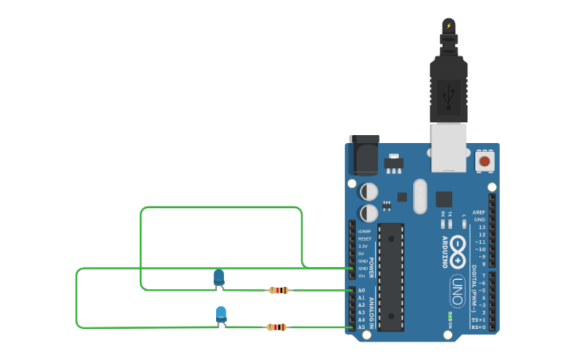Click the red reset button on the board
pyautogui.click(x=485, y=161)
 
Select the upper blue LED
pyautogui.click(x=218, y=277)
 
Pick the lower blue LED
pyautogui.click(x=221, y=314)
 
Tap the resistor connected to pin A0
pyautogui.click(x=279, y=290)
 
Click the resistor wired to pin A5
pyautogui.click(x=276, y=327)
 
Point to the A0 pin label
pyautogui.click(x=361, y=290)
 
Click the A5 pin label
pyautogui.click(x=361, y=327)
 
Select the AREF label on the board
pyautogui.click(x=478, y=212)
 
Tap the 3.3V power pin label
pyautogui.click(x=364, y=246)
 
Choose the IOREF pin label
pyautogui.click(x=364, y=231)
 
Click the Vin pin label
pyautogui.click(x=362, y=276)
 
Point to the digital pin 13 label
pyautogui.click(x=481, y=227)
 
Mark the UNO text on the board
pyautogui.click(x=458, y=291)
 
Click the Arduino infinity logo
pyautogui.click(x=458, y=252)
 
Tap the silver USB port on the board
pyautogui.click(x=449, y=147)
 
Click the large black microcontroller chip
pyautogui.click(x=391, y=277)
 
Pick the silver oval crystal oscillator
pyautogui.click(x=420, y=195)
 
